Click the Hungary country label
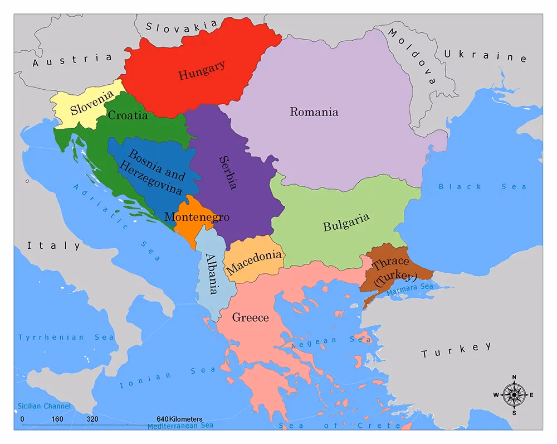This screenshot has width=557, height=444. (202, 70)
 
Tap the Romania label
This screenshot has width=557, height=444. (314, 112)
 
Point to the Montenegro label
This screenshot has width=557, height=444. (196, 217)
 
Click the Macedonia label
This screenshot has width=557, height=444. (255, 261)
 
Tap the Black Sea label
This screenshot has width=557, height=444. (482, 186)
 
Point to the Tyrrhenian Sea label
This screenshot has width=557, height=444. (66, 337)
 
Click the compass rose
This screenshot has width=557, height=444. (513, 394)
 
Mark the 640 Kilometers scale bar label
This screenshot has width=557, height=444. (179, 419)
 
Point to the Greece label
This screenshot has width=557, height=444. (250, 318)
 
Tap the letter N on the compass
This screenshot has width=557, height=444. (514, 377)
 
